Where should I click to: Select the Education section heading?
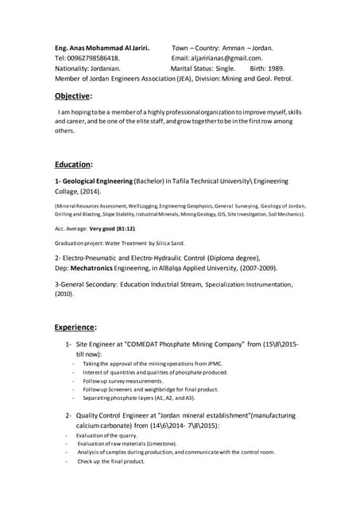[x=74, y=165]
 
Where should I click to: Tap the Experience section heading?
[x=75, y=327]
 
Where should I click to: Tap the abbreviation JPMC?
[x=211, y=363]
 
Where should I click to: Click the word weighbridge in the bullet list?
[x=164, y=390]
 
